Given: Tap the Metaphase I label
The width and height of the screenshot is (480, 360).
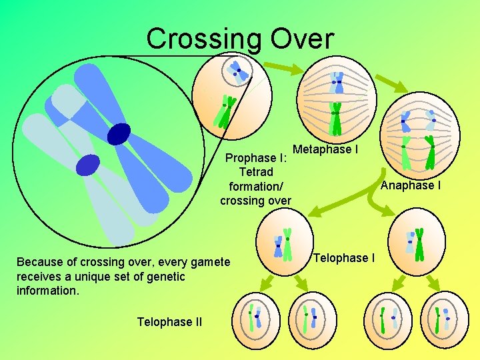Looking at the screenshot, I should (x=325, y=149).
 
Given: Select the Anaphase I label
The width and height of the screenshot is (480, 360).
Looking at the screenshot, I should (x=410, y=185).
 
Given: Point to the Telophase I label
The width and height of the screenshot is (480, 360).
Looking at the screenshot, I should (x=343, y=258).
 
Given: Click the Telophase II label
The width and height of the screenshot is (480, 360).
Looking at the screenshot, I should (x=169, y=322).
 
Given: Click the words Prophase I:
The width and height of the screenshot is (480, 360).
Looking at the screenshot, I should (x=256, y=159).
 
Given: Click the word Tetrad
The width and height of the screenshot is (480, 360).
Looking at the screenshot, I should (x=256, y=173).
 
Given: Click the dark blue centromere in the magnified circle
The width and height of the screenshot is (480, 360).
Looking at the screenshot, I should (x=119, y=134).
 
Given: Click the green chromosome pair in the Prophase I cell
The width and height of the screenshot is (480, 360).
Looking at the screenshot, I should (x=224, y=111).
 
